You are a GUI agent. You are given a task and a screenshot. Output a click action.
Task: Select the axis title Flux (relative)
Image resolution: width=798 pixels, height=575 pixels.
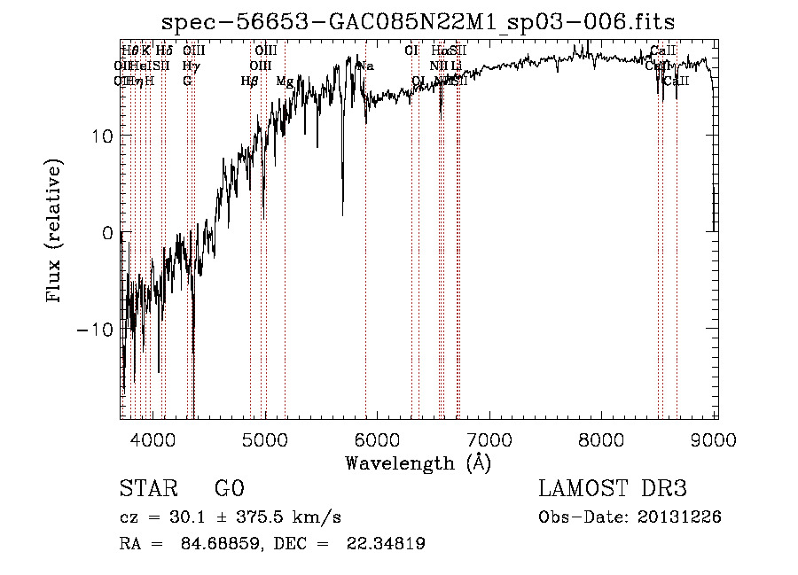55,232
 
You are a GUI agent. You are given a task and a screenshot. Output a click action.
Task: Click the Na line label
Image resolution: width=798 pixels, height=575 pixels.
365,66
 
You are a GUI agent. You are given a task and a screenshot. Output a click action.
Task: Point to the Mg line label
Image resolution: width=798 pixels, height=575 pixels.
285,82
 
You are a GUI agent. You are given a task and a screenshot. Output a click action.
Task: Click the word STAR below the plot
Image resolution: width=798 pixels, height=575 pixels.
148,489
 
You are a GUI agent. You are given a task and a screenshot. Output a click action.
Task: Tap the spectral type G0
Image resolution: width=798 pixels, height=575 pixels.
229,489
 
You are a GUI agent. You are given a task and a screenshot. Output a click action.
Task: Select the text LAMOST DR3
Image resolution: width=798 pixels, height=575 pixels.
613,489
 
